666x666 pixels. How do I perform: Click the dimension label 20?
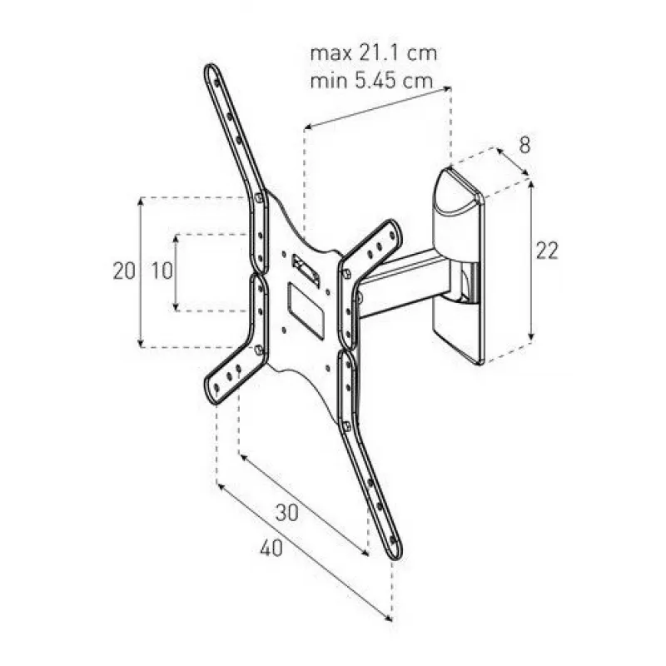pyautogui.click(x=124, y=271)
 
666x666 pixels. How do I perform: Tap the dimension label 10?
pyautogui.click(x=162, y=271)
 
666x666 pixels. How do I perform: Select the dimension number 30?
pyautogui.click(x=287, y=513)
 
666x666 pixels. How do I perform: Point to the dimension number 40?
pyautogui.click(x=271, y=548)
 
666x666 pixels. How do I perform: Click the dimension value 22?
pyautogui.click(x=547, y=251)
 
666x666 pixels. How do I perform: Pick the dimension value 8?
pyautogui.click(x=525, y=145)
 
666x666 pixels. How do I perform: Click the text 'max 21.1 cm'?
pyautogui.click(x=373, y=53)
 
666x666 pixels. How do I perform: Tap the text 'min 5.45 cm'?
pyautogui.click(x=371, y=81)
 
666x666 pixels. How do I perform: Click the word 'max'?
pyautogui.click(x=331, y=54)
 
